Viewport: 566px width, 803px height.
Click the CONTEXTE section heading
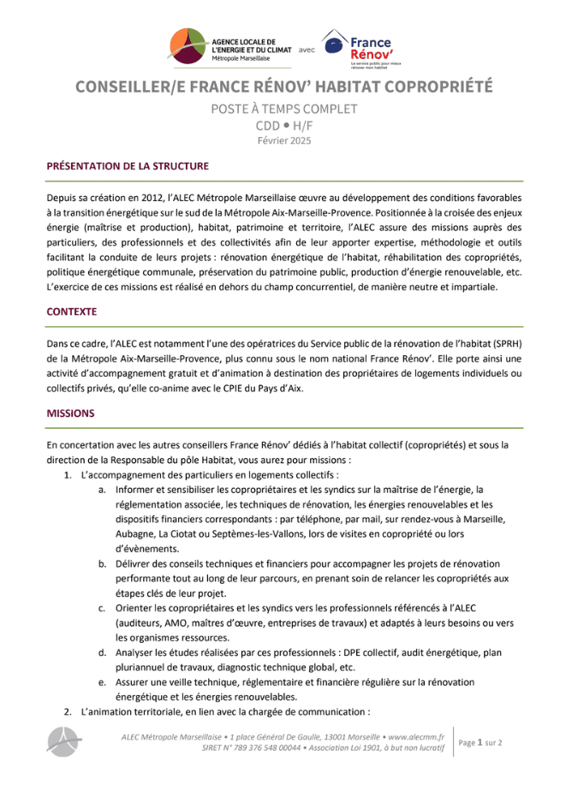[x=71, y=312]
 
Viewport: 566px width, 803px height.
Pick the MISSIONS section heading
[x=70, y=413]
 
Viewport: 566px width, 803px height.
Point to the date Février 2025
[x=283, y=140]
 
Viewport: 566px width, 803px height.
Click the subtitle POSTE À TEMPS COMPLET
[x=283, y=109]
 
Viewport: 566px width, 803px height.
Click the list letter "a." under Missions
[x=102, y=489]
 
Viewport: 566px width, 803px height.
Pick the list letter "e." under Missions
[x=102, y=681]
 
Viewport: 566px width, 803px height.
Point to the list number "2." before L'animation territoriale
[x=68, y=711]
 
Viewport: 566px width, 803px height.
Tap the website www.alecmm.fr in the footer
[x=416, y=735]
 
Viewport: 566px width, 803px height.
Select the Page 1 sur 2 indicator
[x=480, y=742]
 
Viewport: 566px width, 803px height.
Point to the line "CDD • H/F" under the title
[x=283, y=125]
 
